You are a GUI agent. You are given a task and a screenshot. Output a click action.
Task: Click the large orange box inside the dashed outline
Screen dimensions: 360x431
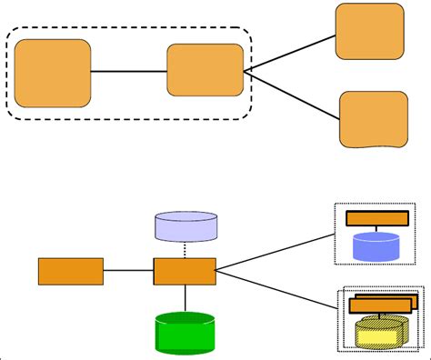tap(53, 73)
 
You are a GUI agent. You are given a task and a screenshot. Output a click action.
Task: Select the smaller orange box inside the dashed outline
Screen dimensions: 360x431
tap(205, 70)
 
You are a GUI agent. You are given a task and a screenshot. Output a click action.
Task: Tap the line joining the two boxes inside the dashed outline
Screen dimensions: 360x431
tap(129, 71)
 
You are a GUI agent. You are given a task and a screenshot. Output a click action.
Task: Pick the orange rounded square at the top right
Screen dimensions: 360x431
tap(369, 31)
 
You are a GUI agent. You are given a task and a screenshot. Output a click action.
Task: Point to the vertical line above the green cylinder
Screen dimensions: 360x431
tap(185, 297)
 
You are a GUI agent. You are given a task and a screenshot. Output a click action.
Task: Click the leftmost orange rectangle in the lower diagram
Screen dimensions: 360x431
tap(70, 271)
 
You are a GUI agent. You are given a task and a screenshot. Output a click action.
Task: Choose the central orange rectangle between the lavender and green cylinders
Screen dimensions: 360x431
tap(185, 271)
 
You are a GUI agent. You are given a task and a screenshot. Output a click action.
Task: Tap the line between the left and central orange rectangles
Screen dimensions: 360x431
tap(128, 271)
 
